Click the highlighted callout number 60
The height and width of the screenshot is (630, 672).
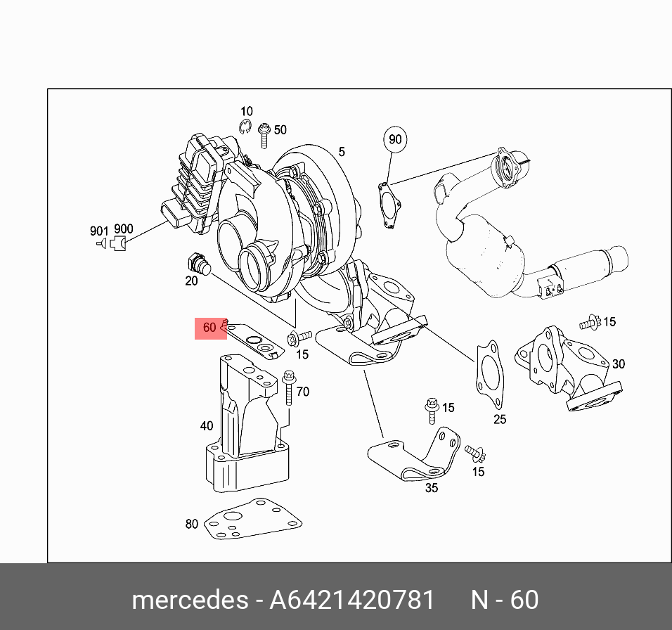(x=209, y=328)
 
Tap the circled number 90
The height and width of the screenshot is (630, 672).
(x=395, y=139)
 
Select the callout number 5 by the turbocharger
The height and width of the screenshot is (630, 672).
(x=342, y=152)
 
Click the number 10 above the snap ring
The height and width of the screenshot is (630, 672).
(x=246, y=112)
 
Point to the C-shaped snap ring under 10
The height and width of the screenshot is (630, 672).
(x=245, y=126)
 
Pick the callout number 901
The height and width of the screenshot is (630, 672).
(x=98, y=230)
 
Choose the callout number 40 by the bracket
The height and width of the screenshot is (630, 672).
(x=206, y=425)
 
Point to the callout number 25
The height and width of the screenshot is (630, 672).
(x=499, y=420)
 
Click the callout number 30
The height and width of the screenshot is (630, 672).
(x=618, y=364)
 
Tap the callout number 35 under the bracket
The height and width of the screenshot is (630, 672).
(x=431, y=487)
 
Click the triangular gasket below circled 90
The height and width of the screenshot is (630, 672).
(x=389, y=204)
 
